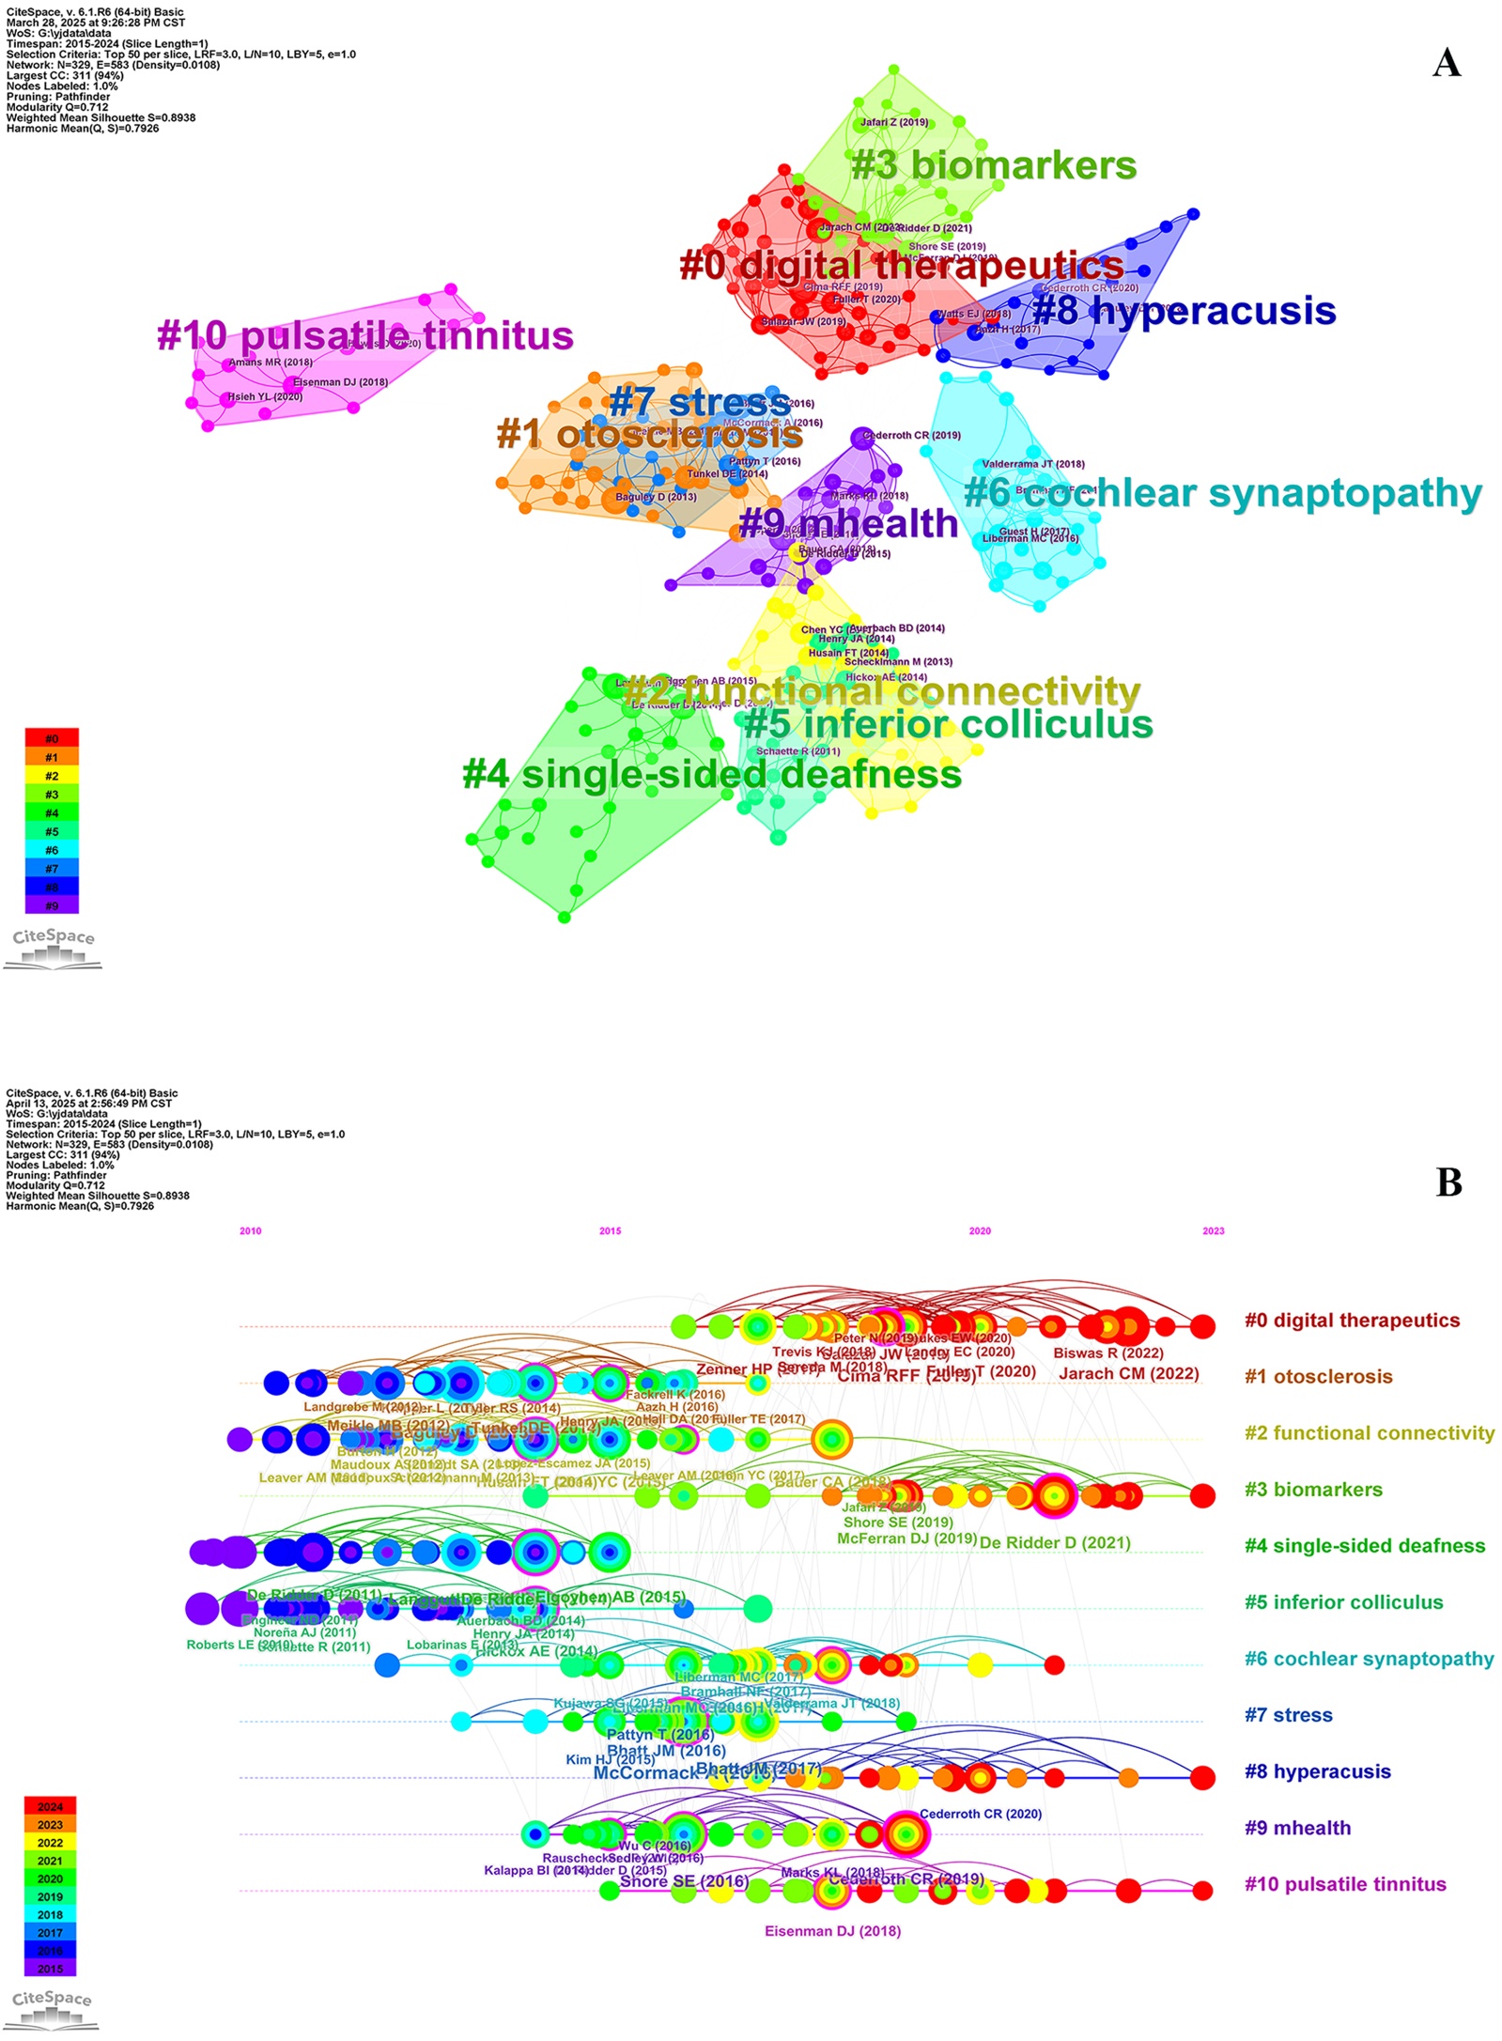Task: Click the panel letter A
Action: point(1446,63)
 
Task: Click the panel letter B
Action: point(1448,1183)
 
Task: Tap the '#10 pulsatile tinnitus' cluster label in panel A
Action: point(364,335)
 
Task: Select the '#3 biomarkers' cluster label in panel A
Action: point(993,165)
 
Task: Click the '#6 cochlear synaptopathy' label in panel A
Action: point(1222,493)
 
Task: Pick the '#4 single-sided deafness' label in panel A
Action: point(712,774)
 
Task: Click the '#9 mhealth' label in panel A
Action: point(848,523)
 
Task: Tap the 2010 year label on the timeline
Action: point(251,1230)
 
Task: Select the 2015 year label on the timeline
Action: point(610,1230)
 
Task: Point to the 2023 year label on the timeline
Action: point(1213,1230)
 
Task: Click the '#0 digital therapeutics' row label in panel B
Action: point(1352,1321)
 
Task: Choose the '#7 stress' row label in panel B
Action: point(1288,1715)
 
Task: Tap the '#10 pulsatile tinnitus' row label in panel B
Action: point(1345,1884)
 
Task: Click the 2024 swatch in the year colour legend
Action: point(51,1807)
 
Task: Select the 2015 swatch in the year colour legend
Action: point(51,1969)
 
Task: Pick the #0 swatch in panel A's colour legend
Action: point(52,739)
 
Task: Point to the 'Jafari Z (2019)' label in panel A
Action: point(894,122)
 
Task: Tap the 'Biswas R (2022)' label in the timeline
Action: point(1108,1353)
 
